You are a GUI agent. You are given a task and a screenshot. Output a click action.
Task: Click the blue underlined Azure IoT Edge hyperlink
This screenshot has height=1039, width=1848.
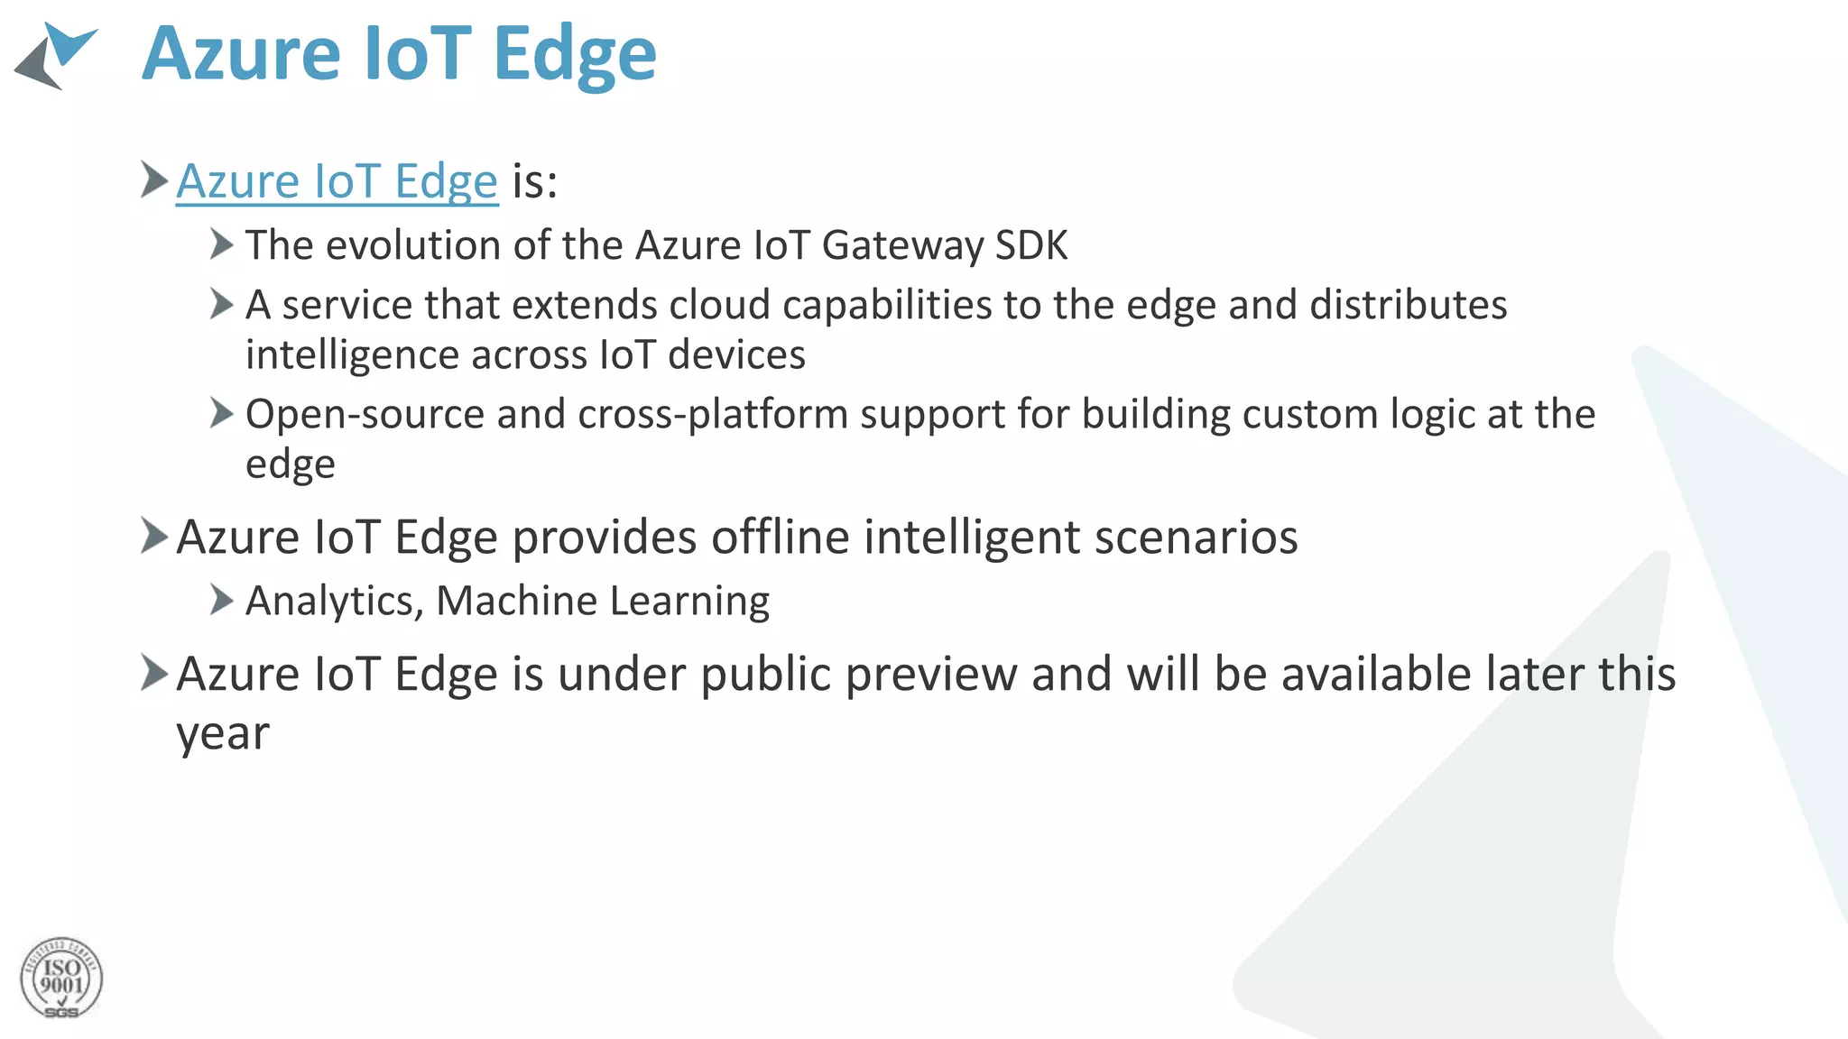pos(337,181)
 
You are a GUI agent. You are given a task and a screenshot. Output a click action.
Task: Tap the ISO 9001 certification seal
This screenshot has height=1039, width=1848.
pos(61,979)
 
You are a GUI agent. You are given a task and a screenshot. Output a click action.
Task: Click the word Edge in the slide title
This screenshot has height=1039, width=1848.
pos(575,56)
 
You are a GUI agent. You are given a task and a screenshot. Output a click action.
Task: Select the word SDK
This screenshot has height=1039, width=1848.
pos(1031,245)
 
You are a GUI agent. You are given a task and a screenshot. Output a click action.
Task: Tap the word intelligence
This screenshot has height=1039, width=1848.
pos(352,355)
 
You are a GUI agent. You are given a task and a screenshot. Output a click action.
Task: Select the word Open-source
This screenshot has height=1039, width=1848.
pos(365,415)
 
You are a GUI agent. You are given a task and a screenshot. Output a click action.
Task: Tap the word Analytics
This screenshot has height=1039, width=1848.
pos(334,602)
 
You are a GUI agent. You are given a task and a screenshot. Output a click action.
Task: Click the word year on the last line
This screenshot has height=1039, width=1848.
pos(222,733)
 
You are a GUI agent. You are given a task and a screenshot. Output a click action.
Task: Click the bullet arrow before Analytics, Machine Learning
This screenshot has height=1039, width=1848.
pos(221,600)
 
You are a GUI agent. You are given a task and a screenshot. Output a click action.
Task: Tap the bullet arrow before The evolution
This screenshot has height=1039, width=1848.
pos(221,244)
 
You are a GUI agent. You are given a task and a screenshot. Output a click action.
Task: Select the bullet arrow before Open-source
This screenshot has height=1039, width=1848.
pos(221,413)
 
